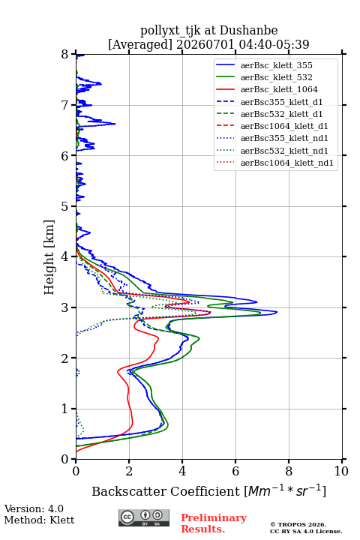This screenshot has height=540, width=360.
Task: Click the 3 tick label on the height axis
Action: (x=65, y=307)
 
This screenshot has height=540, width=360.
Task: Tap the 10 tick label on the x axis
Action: (x=341, y=471)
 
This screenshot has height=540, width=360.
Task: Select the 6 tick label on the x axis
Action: (x=235, y=471)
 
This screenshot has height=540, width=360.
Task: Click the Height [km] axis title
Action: (x=49, y=257)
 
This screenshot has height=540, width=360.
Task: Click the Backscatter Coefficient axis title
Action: (x=208, y=490)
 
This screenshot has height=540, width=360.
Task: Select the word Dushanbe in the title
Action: (x=248, y=31)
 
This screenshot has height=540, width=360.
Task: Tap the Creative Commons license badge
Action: (x=144, y=518)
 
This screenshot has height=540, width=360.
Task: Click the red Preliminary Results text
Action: (x=214, y=523)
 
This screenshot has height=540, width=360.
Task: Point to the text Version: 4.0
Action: (x=34, y=508)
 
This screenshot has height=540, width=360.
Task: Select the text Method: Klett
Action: (x=39, y=520)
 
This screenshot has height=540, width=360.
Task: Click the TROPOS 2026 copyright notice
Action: (x=298, y=524)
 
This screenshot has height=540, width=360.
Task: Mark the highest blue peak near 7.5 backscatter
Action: (x=277, y=312)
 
